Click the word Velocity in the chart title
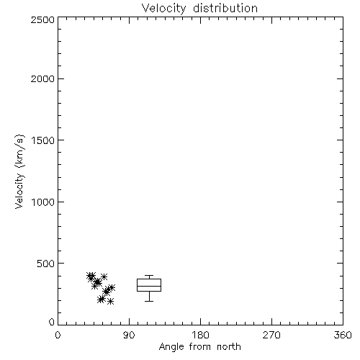coord(163,9)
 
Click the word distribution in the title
coord(225,8)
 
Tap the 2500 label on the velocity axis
coord(42,19)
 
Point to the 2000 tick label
coord(42,78)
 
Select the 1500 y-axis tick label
coord(43,140)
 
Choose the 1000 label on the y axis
coord(43,202)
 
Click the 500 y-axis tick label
coord(46,264)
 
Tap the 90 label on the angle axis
coord(129,335)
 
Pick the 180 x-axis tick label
coord(200,335)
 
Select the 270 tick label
coord(271,335)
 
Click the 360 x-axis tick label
coord(343,335)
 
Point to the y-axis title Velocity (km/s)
coord(19,171)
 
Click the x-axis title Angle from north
coord(199,347)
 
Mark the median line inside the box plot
coord(149,286)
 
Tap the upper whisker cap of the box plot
coord(149,276)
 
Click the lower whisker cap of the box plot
coord(149,301)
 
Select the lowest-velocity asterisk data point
coord(110,301)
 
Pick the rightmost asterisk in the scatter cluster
coord(112,287)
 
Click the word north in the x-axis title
coord(229,347)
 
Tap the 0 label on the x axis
coord(58,335)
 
